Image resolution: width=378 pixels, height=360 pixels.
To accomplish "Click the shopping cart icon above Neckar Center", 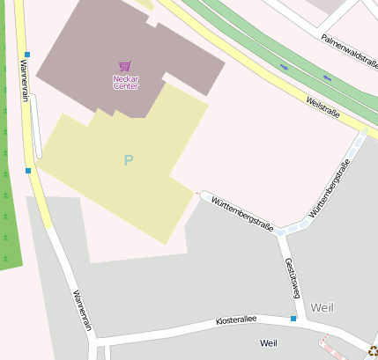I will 125,66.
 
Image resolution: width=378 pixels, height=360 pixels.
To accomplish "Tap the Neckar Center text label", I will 126,82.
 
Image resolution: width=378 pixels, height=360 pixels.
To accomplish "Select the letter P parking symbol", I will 129,160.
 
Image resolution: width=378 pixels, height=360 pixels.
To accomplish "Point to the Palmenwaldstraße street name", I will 348,50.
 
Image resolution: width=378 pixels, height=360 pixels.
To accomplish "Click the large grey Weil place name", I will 322,308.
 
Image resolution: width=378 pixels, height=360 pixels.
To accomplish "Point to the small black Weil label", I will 268,342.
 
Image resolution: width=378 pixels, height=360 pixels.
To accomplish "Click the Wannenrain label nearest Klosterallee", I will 82,309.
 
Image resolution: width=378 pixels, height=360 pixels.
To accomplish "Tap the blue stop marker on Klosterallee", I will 293,318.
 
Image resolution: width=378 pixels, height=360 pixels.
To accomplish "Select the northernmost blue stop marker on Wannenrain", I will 27,55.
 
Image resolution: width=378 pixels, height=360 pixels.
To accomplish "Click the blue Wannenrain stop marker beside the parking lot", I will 28,171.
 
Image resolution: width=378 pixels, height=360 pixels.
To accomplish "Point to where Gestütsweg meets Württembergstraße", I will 282,233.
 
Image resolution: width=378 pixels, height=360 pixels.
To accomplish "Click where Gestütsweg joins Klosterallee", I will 306,322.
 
